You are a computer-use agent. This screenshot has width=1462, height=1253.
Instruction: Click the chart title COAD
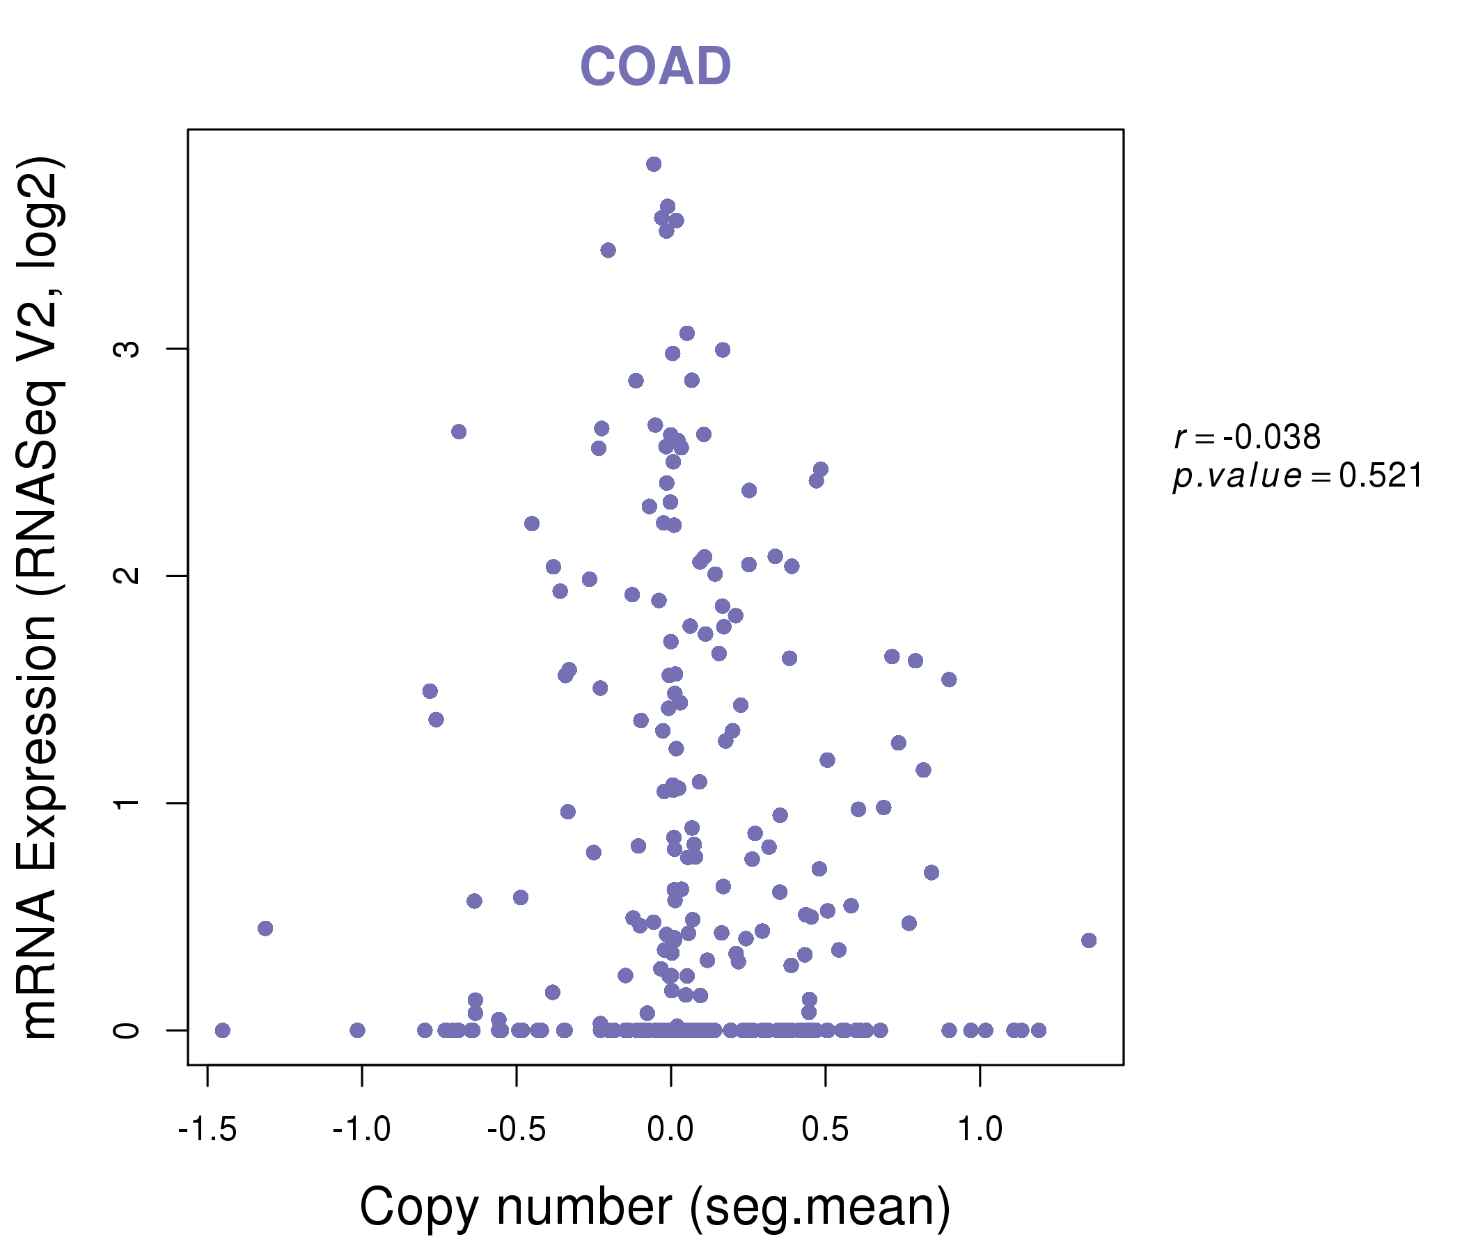click(x=655, y=66)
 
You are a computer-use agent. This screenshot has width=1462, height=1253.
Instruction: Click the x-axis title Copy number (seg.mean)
click(x=655, y=1207)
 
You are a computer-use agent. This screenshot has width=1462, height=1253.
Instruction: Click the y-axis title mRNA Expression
click(x=41, y=598)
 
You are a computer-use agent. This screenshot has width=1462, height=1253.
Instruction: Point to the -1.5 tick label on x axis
click(x=207, y=1130)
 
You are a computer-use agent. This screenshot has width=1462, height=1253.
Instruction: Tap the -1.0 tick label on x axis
click(x=361, y=1130)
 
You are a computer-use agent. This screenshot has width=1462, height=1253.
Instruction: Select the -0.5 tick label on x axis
click(x=516, y=1130)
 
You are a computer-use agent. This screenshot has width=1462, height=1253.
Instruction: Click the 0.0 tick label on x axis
click(x=670, y=1130)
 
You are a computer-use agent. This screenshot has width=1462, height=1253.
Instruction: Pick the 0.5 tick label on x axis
click(x=825, y=1130)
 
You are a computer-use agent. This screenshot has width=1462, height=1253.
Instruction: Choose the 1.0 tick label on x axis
click(x=980, y=1130)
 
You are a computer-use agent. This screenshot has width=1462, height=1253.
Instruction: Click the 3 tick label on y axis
click(x=127, y=349)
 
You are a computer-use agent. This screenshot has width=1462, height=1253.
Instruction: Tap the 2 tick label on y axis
click(x=127, y=576)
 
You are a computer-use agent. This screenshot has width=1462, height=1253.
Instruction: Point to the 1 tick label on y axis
click(x=127, y=803)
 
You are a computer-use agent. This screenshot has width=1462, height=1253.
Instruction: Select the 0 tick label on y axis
click(x=127, y=1030)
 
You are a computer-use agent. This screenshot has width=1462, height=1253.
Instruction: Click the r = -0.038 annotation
click(x=1247, y=437)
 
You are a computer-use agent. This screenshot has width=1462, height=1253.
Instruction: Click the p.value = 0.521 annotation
click(x=1297, y=476)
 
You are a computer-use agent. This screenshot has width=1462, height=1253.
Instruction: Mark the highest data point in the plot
click(x=654, y=164)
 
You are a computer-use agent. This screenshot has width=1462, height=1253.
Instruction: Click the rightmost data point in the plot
click(x=1088, y=940)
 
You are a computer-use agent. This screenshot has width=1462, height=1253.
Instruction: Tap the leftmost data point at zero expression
click(x=222, y=1031)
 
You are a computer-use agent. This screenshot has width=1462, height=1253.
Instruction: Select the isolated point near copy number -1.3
click(x=265, y=929)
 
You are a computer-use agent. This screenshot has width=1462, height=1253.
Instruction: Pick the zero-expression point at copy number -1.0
click(x=357, y=1031)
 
